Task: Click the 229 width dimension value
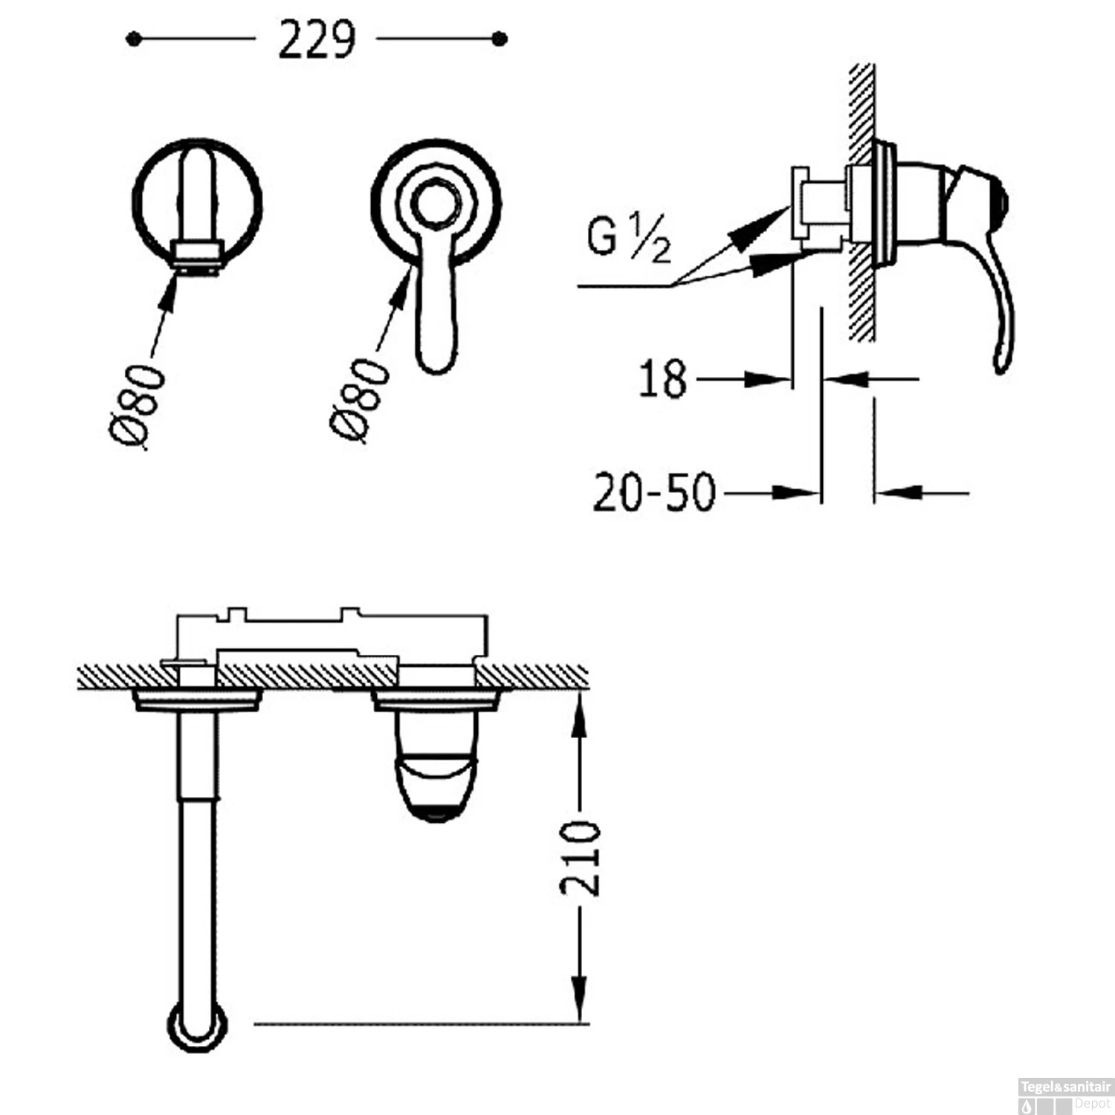coord(317,40)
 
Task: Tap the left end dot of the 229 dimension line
coord(133,39)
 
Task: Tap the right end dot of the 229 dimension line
coord(500,39)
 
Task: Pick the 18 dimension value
coord(662,379)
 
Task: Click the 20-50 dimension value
coord(654,492)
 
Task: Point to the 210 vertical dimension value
coord(580,858)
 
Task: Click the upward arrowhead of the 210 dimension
coord(579,714)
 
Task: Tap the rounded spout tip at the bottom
coord(198,1027)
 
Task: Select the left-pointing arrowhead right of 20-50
coord(899,492)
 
